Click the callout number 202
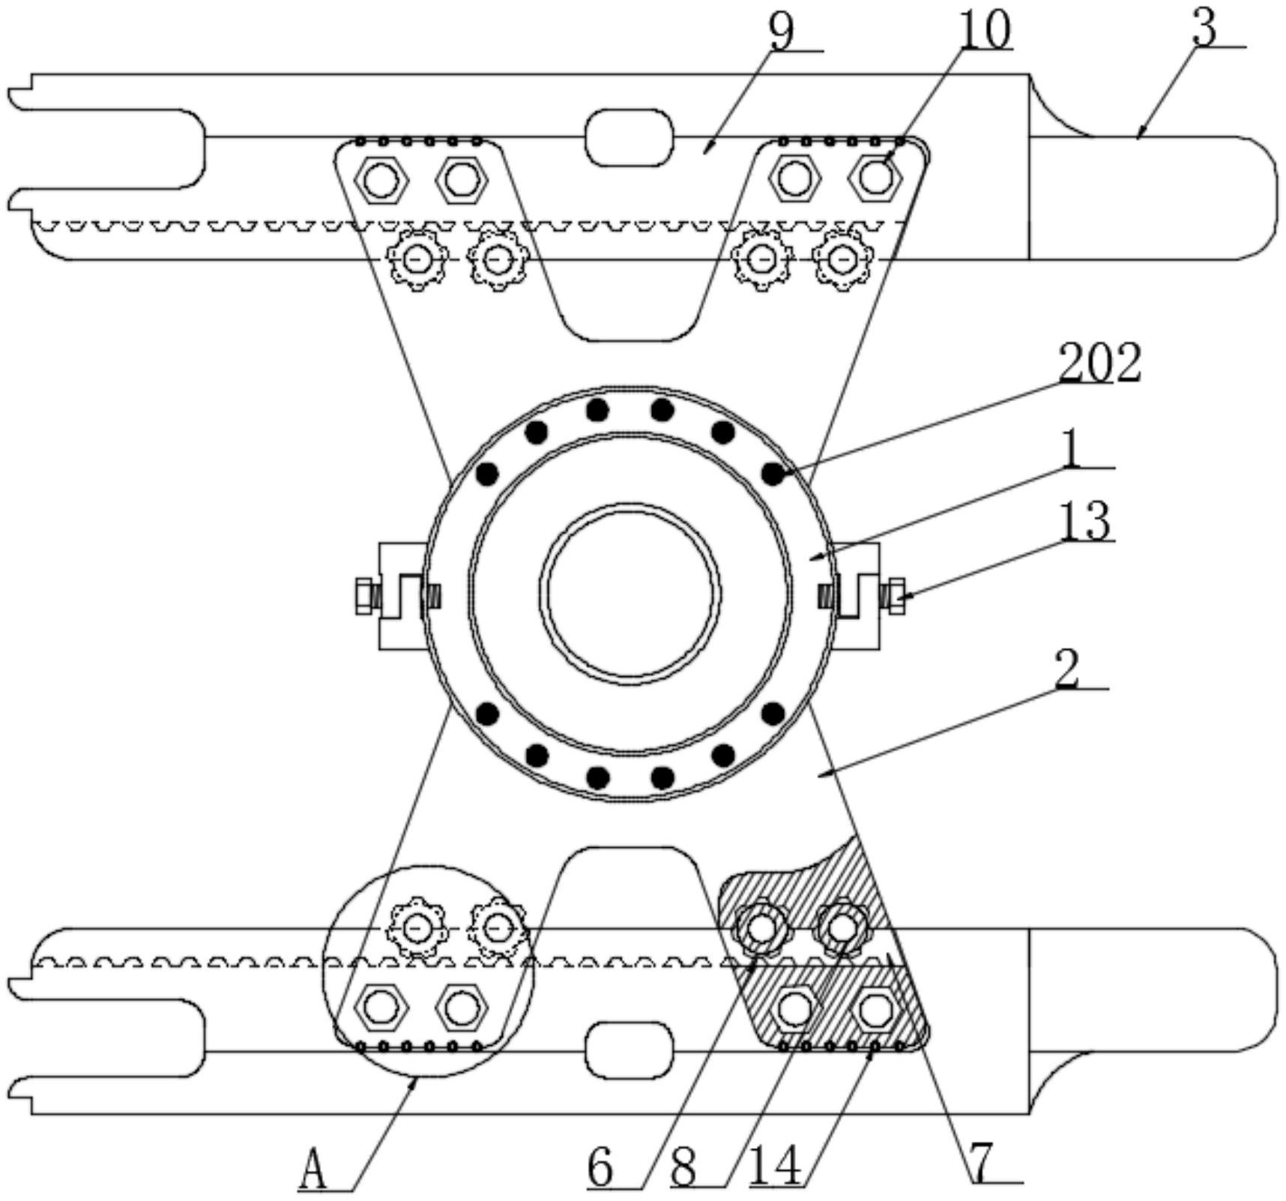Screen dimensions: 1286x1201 [x=1099, y=363]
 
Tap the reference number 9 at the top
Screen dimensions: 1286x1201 [x=781, y=31]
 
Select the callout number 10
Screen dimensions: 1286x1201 [x=985, y=30]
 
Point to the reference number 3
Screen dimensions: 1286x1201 [x=1204, y=28]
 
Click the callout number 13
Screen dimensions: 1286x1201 [x=1084, y=520]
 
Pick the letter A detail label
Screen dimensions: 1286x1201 [x=313, y=1170]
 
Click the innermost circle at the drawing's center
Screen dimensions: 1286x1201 [x=631, y=593]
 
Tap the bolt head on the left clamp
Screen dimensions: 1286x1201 [x=364, y=597]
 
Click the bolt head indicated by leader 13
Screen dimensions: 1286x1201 [x=896, y=597]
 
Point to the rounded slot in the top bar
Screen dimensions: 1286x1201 [x=629, y=138]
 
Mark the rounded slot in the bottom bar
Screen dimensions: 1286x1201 [x=629, y=1052]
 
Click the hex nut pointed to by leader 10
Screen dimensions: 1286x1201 [x=875, y=178]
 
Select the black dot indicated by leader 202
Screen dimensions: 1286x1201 [x=773, y=474]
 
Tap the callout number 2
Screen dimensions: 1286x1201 [x=1067, y=668]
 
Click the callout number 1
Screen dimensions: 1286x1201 [x=1073, y=449]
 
